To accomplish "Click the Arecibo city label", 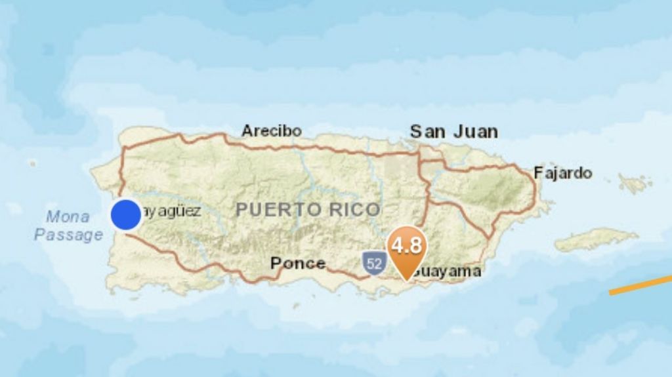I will pos(271,130).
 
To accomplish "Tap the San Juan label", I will pos(453,131).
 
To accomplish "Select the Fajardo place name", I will pos(562,173).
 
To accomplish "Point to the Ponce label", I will pos(298,263).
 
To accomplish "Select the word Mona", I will pos(68,216).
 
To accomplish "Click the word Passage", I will pos(68,235).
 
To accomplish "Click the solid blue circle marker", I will pos(126,215).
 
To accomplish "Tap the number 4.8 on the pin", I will pos(407,246).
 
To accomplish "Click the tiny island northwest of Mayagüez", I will pos(33,163).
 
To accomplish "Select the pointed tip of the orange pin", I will pos(407,280).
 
